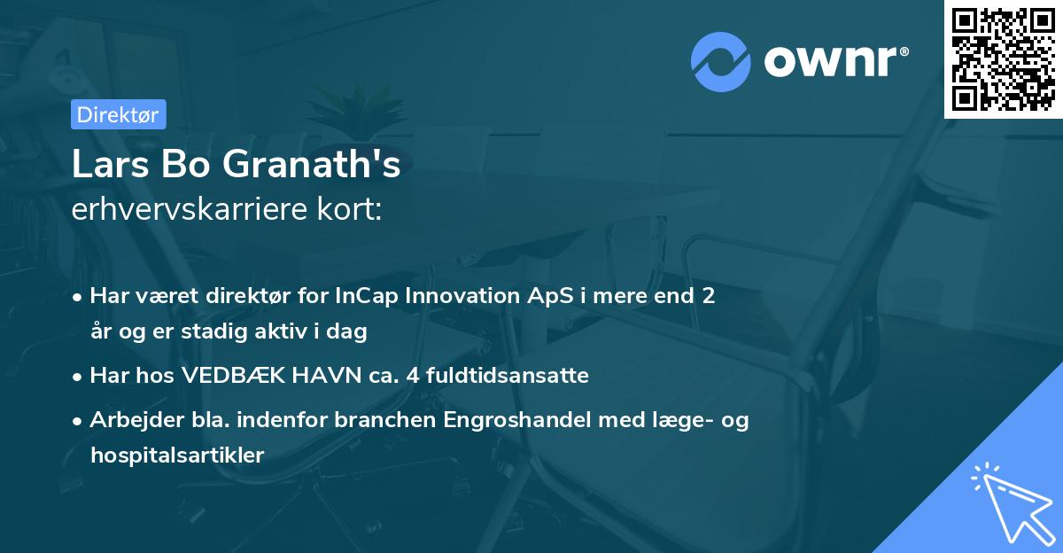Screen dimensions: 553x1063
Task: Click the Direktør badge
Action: point(118,114)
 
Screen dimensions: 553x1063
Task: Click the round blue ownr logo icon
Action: point(720,61)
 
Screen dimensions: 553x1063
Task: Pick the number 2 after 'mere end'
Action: point(708,296)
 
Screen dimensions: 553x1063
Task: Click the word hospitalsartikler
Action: point(177,456)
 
